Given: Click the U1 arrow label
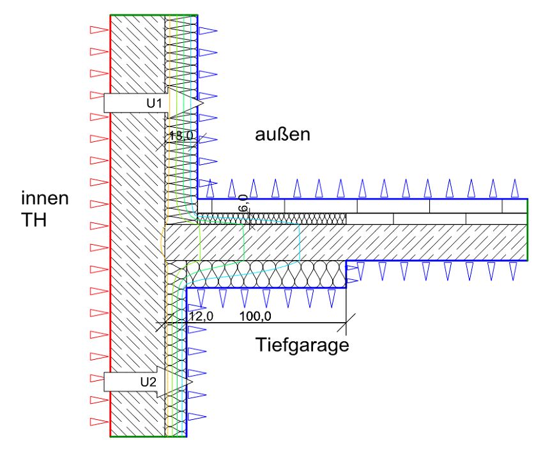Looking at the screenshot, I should click(155, 102).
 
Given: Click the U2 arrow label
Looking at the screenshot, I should click(148, 382).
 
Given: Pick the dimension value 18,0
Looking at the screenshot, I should click(181, 135).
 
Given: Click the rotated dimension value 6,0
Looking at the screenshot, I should click(243, 206).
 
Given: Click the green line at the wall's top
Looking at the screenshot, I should click(153, 15).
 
